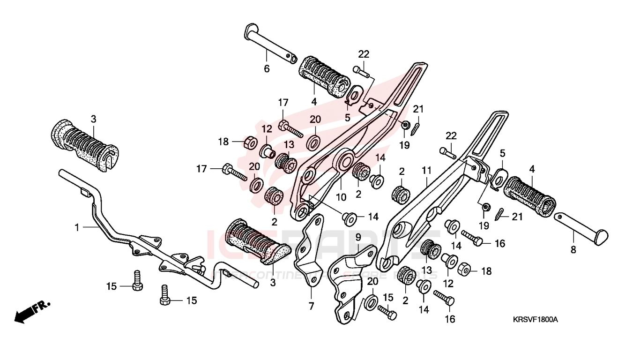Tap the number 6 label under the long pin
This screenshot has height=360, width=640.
coord(267,68)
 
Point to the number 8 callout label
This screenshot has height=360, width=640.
coord(573,250)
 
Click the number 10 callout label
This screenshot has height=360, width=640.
coord(341,197)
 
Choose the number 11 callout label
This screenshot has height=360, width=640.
coord(426,170)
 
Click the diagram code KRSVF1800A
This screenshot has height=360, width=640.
coord(535,319)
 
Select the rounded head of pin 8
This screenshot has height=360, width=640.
coord(602,238)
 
